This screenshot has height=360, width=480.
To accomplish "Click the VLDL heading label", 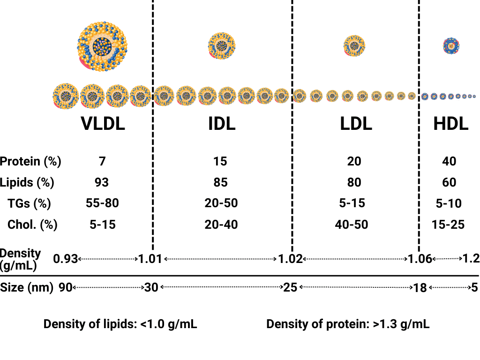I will [103, 124].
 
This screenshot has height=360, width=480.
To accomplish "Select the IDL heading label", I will [222, 124].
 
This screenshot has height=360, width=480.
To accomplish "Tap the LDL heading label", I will [356, 124].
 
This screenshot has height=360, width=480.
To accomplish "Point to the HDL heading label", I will [450, 124].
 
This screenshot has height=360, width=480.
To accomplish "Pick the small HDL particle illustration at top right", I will [451, 46].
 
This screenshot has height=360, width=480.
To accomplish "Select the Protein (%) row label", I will [30, 162].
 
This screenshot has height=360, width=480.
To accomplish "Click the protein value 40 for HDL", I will [449, 162].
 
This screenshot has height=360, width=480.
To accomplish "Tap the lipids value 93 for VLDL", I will [102, 182].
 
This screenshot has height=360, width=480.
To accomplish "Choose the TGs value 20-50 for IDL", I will [221, 203].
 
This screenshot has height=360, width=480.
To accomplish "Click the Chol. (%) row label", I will [32, 225].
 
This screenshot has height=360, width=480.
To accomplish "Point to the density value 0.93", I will [65, 258].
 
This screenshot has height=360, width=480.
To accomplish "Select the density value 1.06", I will [419, 258].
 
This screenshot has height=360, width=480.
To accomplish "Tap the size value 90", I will [65, 287].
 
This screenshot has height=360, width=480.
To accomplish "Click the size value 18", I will [420, 287].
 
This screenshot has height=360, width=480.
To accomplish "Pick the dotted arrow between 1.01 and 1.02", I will [220, 258].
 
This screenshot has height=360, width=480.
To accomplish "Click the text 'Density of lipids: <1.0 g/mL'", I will [120, 324].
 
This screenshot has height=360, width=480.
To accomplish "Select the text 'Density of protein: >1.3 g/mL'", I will [348, 324].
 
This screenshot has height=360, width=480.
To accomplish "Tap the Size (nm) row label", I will [27, 287].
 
